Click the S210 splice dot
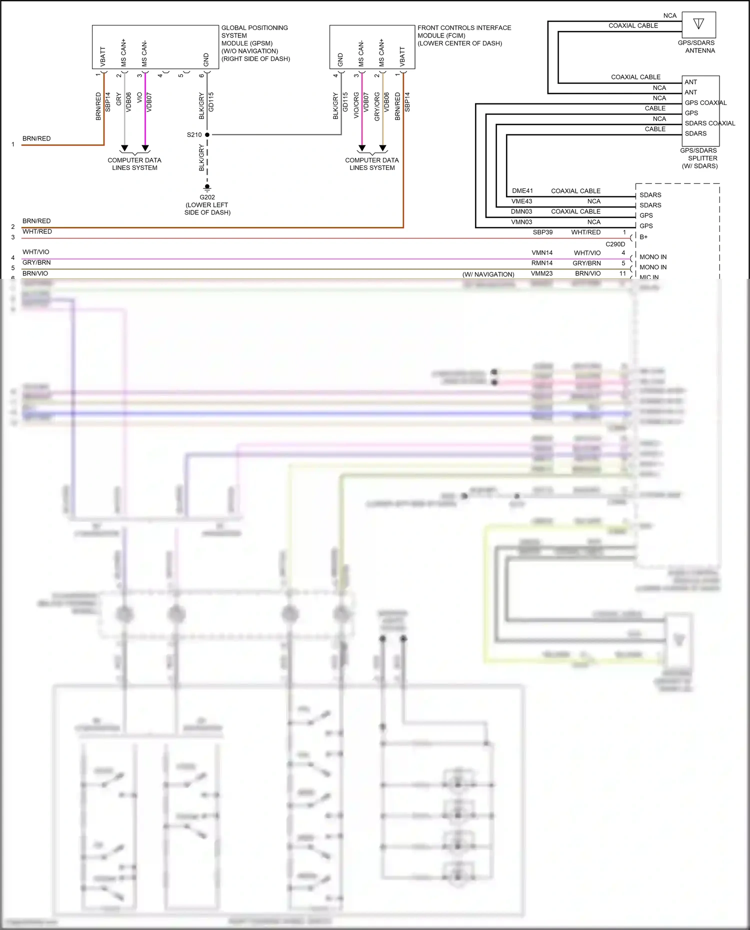pyautogui.click(x=207, y=135)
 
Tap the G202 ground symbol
pyautogui.click(x=207, y=188)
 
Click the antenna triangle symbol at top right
pyautogui.click(x=698, y=23)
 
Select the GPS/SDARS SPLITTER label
pyautogui.click(x=699, y=158)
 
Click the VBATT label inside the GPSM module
pyautogui.click(x=103, y=56)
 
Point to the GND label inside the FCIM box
pyautogui.click(x=340, y=59)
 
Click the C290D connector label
pyautogui.click(x=615, y=244)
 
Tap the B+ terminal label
pyautogui.click(x=643, y=237)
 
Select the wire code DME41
pyautogui.click(x=522, y=191)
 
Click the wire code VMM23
pyautogui.click(x=541, y=273)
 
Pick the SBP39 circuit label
pyautogui.click(x=542, y=232)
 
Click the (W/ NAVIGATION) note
pyautogui.click(x=488, y=274)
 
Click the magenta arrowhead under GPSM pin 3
pyautogui.click(x=145, y=148)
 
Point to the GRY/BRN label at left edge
pyautogui.click(x=36, y=262)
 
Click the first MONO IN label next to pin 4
pyautogui.click(x=652, y=257)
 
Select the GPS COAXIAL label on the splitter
pyautogui.click(x=705, y=103)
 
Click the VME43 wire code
pyautogui.click(x=521, y=201)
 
